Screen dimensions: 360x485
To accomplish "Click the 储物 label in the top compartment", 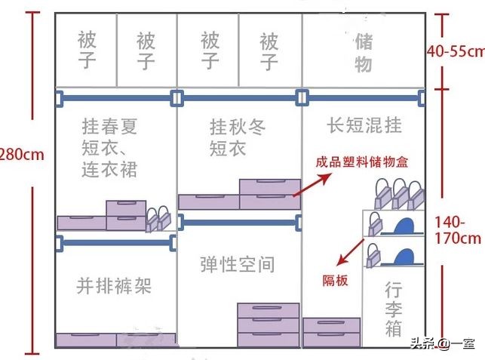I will pyautogui.click(x=364, y=51).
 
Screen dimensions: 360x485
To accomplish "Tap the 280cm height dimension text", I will pyautogui.click(x=21, y=155).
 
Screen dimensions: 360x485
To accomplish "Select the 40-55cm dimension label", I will pyautogui.click(x=455, y=51).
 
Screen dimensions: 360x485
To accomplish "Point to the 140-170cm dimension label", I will pyautogui.click(x=458, y=230).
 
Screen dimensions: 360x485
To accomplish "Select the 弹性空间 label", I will pyautogui.click(x=238, y=264).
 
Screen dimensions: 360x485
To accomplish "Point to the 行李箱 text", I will pyautogui.click(x=393, y=309).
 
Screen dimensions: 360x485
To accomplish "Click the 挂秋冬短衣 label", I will pyautogui.click(x=238, y=136).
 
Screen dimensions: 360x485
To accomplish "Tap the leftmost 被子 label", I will pyautogui.click(x=87, y=50).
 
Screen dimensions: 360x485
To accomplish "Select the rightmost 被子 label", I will pyautogui.click(x=269, y=50).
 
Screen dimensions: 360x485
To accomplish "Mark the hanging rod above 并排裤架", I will pyautogui.click(x=116, y=242).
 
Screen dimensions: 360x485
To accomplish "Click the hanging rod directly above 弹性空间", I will pyautogui.click(x=238, y=223).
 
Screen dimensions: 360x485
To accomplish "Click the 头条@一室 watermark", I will pyautogui.click(x=442, y=344).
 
